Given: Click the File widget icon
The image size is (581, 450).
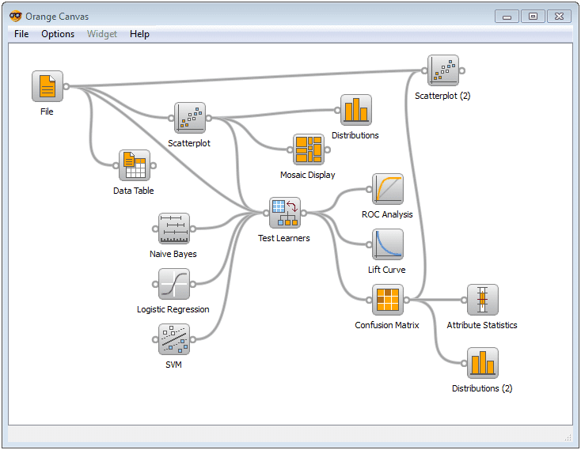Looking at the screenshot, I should pos(47,86).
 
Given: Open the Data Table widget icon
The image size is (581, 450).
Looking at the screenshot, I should pos(134,165).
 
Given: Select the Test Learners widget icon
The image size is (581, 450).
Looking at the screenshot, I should pos(284,213).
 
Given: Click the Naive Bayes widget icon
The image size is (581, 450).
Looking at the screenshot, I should pos(173,229).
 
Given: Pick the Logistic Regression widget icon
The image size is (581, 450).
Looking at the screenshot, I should pos(173,284).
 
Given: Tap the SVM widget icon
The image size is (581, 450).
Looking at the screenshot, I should pos(173,339).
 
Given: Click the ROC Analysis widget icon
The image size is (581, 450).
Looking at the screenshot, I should pos(387,189).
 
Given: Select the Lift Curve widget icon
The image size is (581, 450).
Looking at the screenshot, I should pos(387,244).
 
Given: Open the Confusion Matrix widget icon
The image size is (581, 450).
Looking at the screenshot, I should pos(387,300).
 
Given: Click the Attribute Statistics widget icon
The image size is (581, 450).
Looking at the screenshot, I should pos(482,300).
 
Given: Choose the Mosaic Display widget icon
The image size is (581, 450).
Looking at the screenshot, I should pos(308,149).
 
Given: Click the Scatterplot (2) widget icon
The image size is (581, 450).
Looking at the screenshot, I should pos(442,70).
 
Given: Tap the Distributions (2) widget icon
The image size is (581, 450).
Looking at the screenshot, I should pos(482,363).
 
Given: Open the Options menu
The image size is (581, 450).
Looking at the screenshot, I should pos(58,34).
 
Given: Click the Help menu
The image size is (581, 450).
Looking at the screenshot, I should pos(139,34).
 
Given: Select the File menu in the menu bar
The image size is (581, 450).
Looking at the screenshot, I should pos(21,34).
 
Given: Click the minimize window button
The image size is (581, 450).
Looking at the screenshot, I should pos(507,16).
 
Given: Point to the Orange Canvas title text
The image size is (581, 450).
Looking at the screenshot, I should pos(57,16).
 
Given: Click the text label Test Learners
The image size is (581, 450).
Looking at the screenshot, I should pos(284,238).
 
